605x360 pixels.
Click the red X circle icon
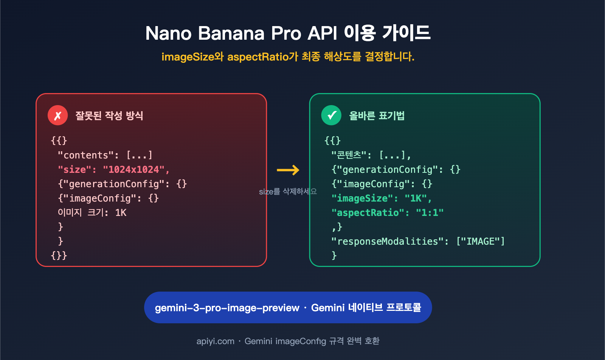point(57,115)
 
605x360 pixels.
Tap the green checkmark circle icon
point(331,115)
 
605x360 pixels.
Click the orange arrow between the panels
point(288,170)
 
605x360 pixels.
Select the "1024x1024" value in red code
point(133,169)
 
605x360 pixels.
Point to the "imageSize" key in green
point(362,198)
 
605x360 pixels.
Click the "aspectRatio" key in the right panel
point(368,213)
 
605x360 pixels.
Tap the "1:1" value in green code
point(430,213)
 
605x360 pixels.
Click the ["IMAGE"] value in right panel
point(480,241)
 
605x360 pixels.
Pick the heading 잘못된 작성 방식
point(109,115)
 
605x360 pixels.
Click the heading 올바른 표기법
point(377,115)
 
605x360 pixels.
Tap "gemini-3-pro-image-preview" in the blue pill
point(227,308)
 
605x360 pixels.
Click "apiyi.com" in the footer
point(215,341)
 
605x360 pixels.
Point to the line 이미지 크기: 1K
point(92,213)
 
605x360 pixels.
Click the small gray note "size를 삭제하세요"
point(288,192)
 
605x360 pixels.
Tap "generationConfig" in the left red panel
point(114,184)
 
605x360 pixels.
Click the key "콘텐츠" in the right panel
point(349,155)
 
